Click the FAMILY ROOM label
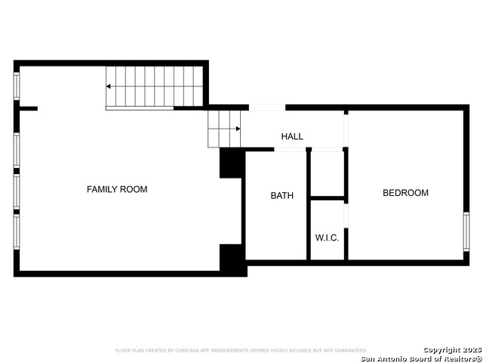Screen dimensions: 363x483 pyautogui.click(x=117, y=189)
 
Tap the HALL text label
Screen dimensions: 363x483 pyautogui.click(x=292, y=137)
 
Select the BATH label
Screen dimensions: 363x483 pyautogui.click(x=282, y=196)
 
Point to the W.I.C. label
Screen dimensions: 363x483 pyautogui.click(x=327, y=237)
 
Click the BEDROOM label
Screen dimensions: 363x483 pyautogui.click(x=405, y=193)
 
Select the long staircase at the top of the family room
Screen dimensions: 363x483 pyautogui.click(x=155, y=86)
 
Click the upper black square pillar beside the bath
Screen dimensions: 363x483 pyautogui.click(x=230, y=163)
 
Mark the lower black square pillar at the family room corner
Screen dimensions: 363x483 pyautogui.click(x=231, y=259)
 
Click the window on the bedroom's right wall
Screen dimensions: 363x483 pyautogui.click(x=466, y=231)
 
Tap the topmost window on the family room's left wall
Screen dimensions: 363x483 pyautogui.click(x=17, y=85)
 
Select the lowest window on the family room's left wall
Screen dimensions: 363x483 pyautogui.click(x=17, y=232)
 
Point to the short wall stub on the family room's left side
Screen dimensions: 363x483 pyautogui.click(x=28, y=109)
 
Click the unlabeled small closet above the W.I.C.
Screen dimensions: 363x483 pyautogui.click(x=328, y=175)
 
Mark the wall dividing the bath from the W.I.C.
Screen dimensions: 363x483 pyautogui.click(x=309, y=204)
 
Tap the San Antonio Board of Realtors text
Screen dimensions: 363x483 pyautogui.click(x=420, y=358)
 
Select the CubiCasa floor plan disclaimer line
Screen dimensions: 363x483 pyautogui.click(x=241, y=350)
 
